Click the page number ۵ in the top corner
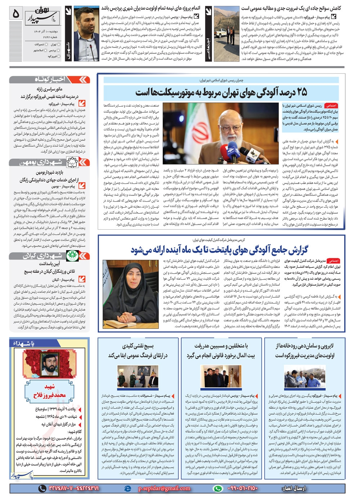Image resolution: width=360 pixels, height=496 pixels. pyautogui.click(x=15, y=14)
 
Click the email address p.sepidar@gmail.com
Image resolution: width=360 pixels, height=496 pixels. pyautogui.click(x=164, y=488)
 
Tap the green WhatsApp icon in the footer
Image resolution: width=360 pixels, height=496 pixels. pyautogui.click(x=218, y=488)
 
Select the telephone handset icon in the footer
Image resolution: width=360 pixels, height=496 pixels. pyautogui.click(x=42, y=488)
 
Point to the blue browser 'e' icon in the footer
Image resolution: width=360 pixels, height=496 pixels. pyautogui.click(x=127, y=488)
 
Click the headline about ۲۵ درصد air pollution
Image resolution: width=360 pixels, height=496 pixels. pyautogui.click(x=221, y=93)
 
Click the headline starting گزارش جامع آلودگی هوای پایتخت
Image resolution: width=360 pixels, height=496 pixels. pyautogui.click(x=220, y=249)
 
